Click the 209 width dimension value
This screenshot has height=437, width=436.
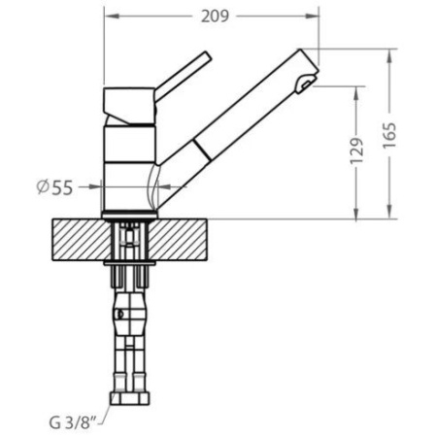pos(215,17)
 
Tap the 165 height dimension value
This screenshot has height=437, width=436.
pos(389,135)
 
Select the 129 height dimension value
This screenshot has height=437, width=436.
pos(357,151)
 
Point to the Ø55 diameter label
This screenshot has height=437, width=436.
pos(54,187)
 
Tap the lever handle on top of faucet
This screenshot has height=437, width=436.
pos(184,75)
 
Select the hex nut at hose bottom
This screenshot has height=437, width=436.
pos(130,399)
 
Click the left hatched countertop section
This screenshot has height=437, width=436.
pos(81,240)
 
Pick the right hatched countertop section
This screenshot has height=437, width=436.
pos(178,240)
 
